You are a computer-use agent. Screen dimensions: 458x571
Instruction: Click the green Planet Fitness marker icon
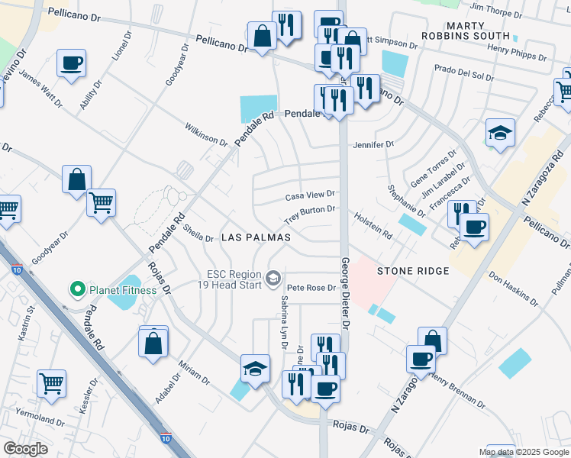(76, 289)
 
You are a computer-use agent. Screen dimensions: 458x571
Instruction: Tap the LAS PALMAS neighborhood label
(256, 237)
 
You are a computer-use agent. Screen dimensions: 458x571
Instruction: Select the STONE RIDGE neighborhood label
(413, 270)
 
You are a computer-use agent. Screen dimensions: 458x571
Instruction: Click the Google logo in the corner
(26, 449)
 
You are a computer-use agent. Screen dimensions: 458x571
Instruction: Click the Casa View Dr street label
(310, 196)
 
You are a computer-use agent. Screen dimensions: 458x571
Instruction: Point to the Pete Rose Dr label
(311, 288)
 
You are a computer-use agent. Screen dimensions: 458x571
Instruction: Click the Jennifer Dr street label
(373, 144)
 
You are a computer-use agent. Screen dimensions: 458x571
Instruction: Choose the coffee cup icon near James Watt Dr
(71, 63)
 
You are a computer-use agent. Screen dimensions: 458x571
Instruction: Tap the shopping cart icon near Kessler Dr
(52, 384)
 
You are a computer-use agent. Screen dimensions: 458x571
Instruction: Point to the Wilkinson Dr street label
(205, 134)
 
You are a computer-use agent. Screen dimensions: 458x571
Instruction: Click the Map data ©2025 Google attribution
(524, 452)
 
